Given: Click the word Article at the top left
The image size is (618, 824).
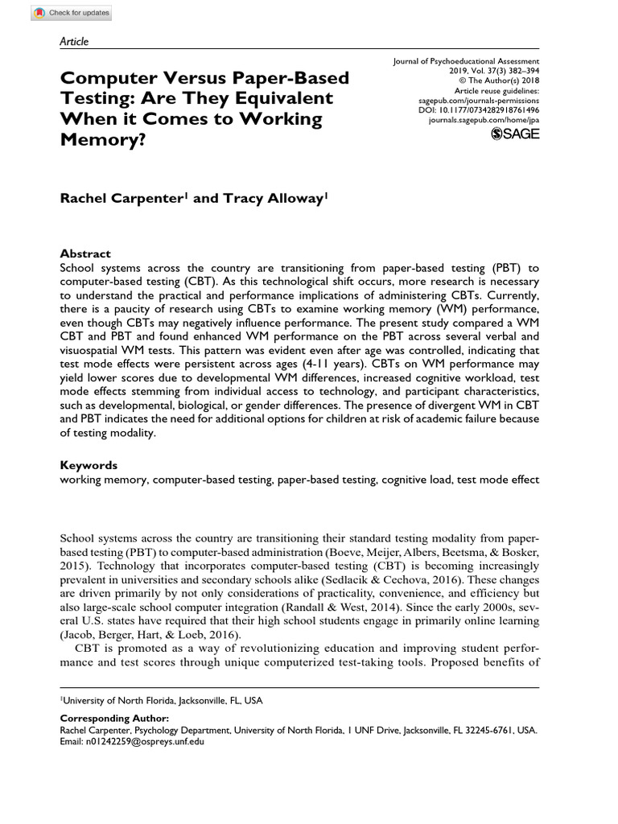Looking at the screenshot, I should point(74,42).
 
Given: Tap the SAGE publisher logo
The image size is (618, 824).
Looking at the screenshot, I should point(515,133).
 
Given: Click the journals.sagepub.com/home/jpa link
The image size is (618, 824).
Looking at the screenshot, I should point(484,119).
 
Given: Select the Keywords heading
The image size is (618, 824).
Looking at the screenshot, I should point(89,465).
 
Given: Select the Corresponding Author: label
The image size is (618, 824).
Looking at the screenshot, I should point(114,719).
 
